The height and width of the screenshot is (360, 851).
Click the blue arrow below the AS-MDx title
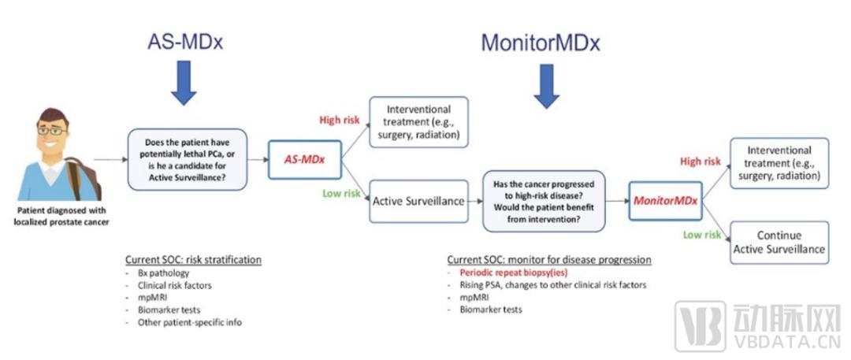tap(184, 82)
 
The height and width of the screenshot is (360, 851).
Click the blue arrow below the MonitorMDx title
tap(547, 87)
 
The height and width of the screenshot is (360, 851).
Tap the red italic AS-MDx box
tap(305, 160)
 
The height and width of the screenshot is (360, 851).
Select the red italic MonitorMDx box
tap(665, 201)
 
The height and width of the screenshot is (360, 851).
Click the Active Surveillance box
tap(418, 201)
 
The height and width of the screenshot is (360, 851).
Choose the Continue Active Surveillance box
tap(779, 242)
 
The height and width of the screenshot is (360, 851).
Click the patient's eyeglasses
tap(53, 130)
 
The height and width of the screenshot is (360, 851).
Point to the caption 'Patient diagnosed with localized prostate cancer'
tap(62, 216)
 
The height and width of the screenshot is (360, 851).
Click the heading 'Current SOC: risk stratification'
tap(193, 259)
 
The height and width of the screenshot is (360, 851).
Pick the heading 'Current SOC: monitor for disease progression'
tap(549, 259)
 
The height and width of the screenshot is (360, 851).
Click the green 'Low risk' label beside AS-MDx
tap(342, 193)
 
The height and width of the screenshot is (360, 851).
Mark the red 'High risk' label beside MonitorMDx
tap(700, 161)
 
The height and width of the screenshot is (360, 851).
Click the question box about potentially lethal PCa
tap(188, 159)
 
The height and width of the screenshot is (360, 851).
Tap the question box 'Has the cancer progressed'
tap(544, 201)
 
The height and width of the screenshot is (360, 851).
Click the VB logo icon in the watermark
tap(700, 326)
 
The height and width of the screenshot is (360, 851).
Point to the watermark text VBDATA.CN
tap(786, 343)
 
